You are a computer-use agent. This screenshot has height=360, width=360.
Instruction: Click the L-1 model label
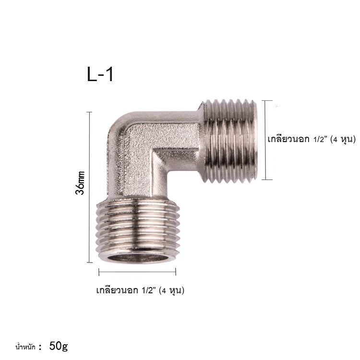coord(100,74)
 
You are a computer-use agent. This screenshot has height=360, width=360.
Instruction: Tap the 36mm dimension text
coord(80,183)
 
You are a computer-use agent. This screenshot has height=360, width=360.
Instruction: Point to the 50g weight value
coord(58,346)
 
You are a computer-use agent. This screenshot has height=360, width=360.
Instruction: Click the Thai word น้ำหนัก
coord(25,347)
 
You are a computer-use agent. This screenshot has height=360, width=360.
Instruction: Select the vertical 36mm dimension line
coord(90,187)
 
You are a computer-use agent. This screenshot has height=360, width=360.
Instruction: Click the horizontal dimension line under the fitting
coord(137,272)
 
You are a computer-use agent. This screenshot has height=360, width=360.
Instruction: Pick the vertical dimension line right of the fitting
coord(265,140)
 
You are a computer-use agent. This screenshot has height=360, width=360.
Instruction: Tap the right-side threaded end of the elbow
coord(229,141)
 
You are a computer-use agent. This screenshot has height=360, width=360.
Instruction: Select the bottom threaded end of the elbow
coord(138,231)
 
